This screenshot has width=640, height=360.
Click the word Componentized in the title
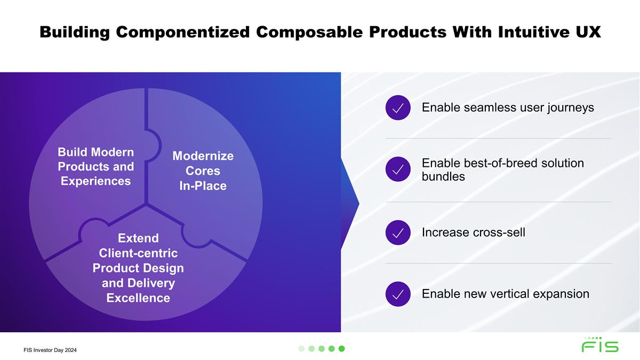tap(183, 32)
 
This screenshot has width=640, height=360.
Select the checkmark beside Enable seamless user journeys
tap(398, 108)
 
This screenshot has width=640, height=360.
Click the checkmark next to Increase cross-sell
tap(398, 233)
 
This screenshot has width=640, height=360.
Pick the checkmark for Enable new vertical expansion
tap(398, 294)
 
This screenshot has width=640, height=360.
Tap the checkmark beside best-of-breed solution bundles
tap(398, 169)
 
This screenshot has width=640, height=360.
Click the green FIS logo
tap(600, 345)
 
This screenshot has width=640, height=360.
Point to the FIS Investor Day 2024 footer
tap(50, 350)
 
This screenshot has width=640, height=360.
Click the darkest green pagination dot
tap(341, 349)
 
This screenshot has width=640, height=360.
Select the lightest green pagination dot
tap(301, 349)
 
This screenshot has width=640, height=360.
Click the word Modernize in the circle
tap(203, 156)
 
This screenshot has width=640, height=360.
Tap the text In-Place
tap(203, 186)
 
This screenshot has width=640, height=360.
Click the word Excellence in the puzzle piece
tap(138, 298)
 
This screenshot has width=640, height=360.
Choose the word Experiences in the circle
tap(95, 181)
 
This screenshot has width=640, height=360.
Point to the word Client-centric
tap(138, 253)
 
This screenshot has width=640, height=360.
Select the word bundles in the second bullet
tap(443, 177)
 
